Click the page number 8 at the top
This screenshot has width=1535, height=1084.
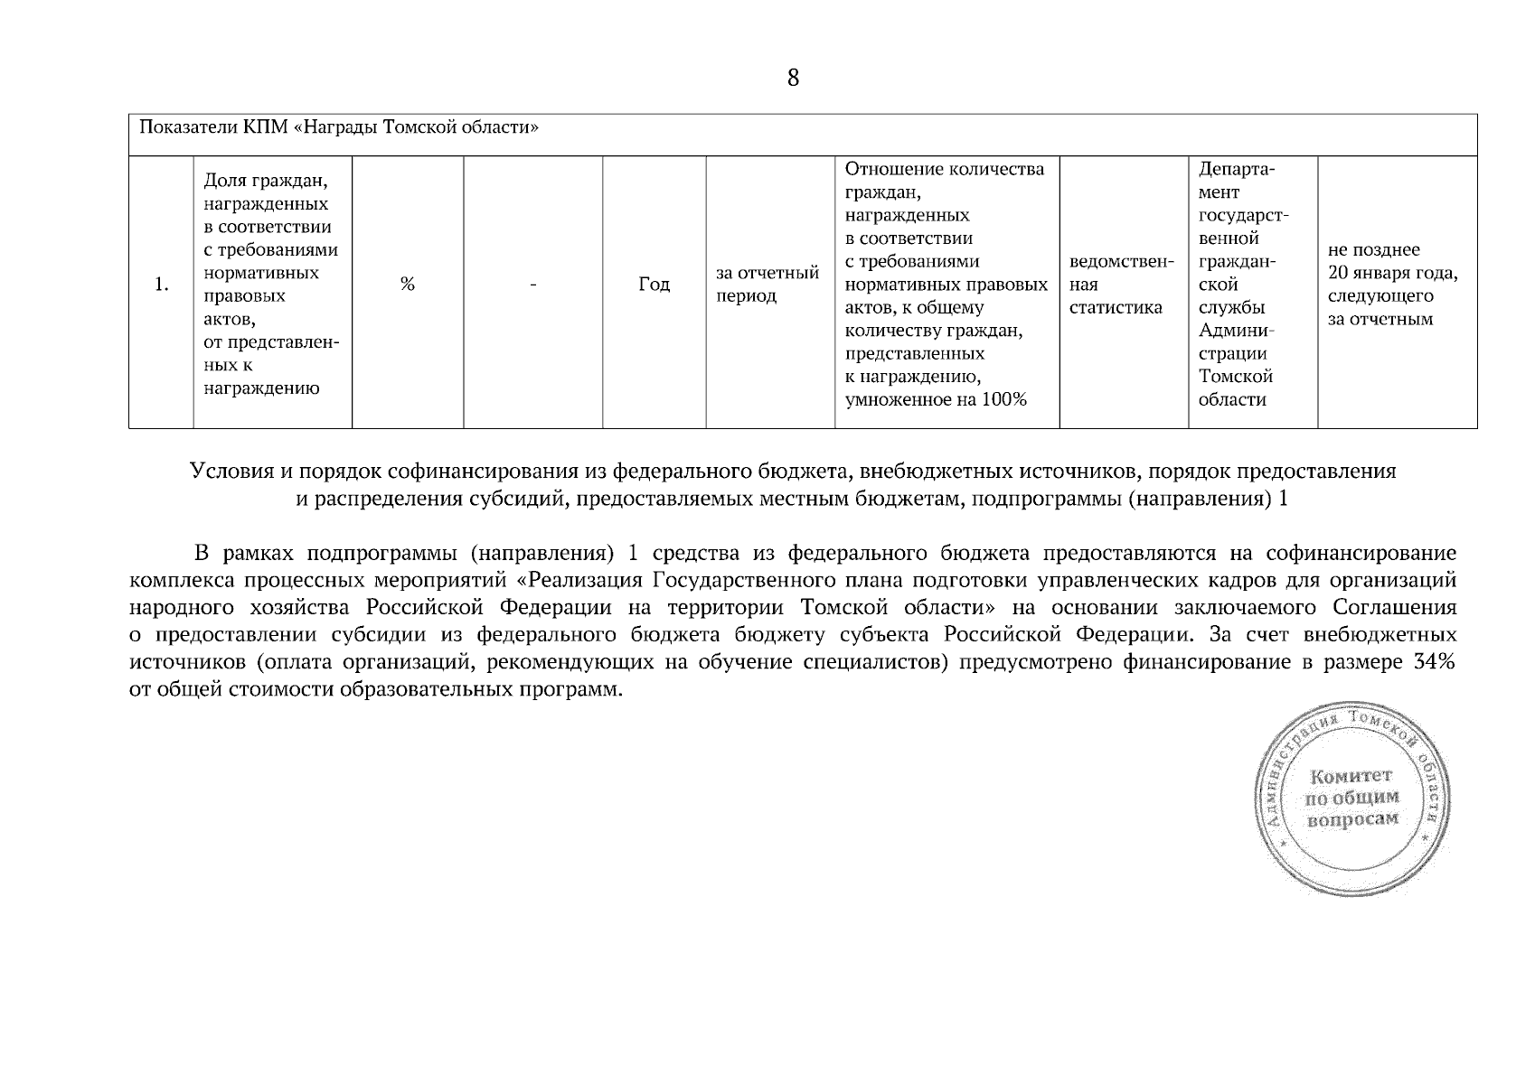793,79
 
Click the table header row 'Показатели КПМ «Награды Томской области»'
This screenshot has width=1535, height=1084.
338,126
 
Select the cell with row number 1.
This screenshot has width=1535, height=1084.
161,285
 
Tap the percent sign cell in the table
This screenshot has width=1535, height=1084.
408,285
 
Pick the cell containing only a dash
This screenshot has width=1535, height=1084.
533,285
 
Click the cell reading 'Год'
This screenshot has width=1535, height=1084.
654,285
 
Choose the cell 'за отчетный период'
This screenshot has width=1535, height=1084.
767,285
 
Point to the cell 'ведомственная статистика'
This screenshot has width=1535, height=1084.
1121,285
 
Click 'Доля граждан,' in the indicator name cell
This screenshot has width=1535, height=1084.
265,181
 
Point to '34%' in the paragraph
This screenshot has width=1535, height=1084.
1433,662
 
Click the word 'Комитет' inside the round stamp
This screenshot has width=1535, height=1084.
1351,776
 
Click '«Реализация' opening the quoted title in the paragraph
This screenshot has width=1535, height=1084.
579,579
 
